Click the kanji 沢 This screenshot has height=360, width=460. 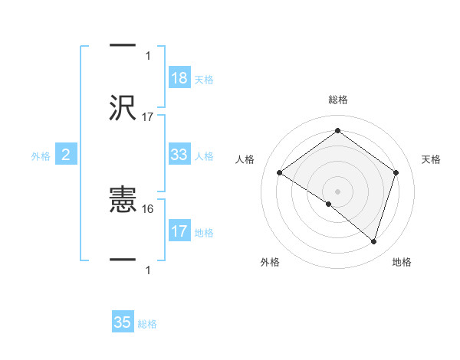pyautogui.click(x=123, y=106)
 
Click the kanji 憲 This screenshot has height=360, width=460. pyautogui.click(x=123, y=201)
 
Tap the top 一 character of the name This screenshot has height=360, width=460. pyautogui.click(x=123, y=45)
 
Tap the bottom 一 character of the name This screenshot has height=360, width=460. pyautogui.click(x=123, y=260)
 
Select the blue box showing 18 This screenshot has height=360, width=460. pyautogui.click(x=179, y=77)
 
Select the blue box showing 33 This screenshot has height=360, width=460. pyautogui.click(x=179, y=155)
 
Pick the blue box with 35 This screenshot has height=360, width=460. pyautogui.click(x=123, y=322)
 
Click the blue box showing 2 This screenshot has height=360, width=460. pyautogui.click(x=66, y=155)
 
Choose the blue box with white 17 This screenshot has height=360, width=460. pyautogui.click(x=179, y=231)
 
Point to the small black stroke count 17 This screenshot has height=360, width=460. pyautogui.click(x=148, y=117)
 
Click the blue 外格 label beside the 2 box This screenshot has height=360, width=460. pyautogui.click(x=41, y=156)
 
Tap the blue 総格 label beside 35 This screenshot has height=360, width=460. pyautogui.click(x=147, y=324)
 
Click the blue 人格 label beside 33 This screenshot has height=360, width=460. pyautogui.click(x=204, y=156)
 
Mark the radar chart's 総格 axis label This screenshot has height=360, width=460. pyautogui.click(x=338, y=100)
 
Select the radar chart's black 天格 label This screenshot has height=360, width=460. pyautogui.click(x=432, y=159)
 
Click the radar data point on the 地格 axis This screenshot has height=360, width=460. pyautogui.click(x=373, y=241)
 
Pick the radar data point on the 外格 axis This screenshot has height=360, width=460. pyautogui.click(x=329, y=204)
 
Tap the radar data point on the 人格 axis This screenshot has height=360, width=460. pyautogui.click(x=280, y=173)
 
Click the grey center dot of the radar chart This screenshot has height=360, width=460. pyautogui.click(x=338, y=191)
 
